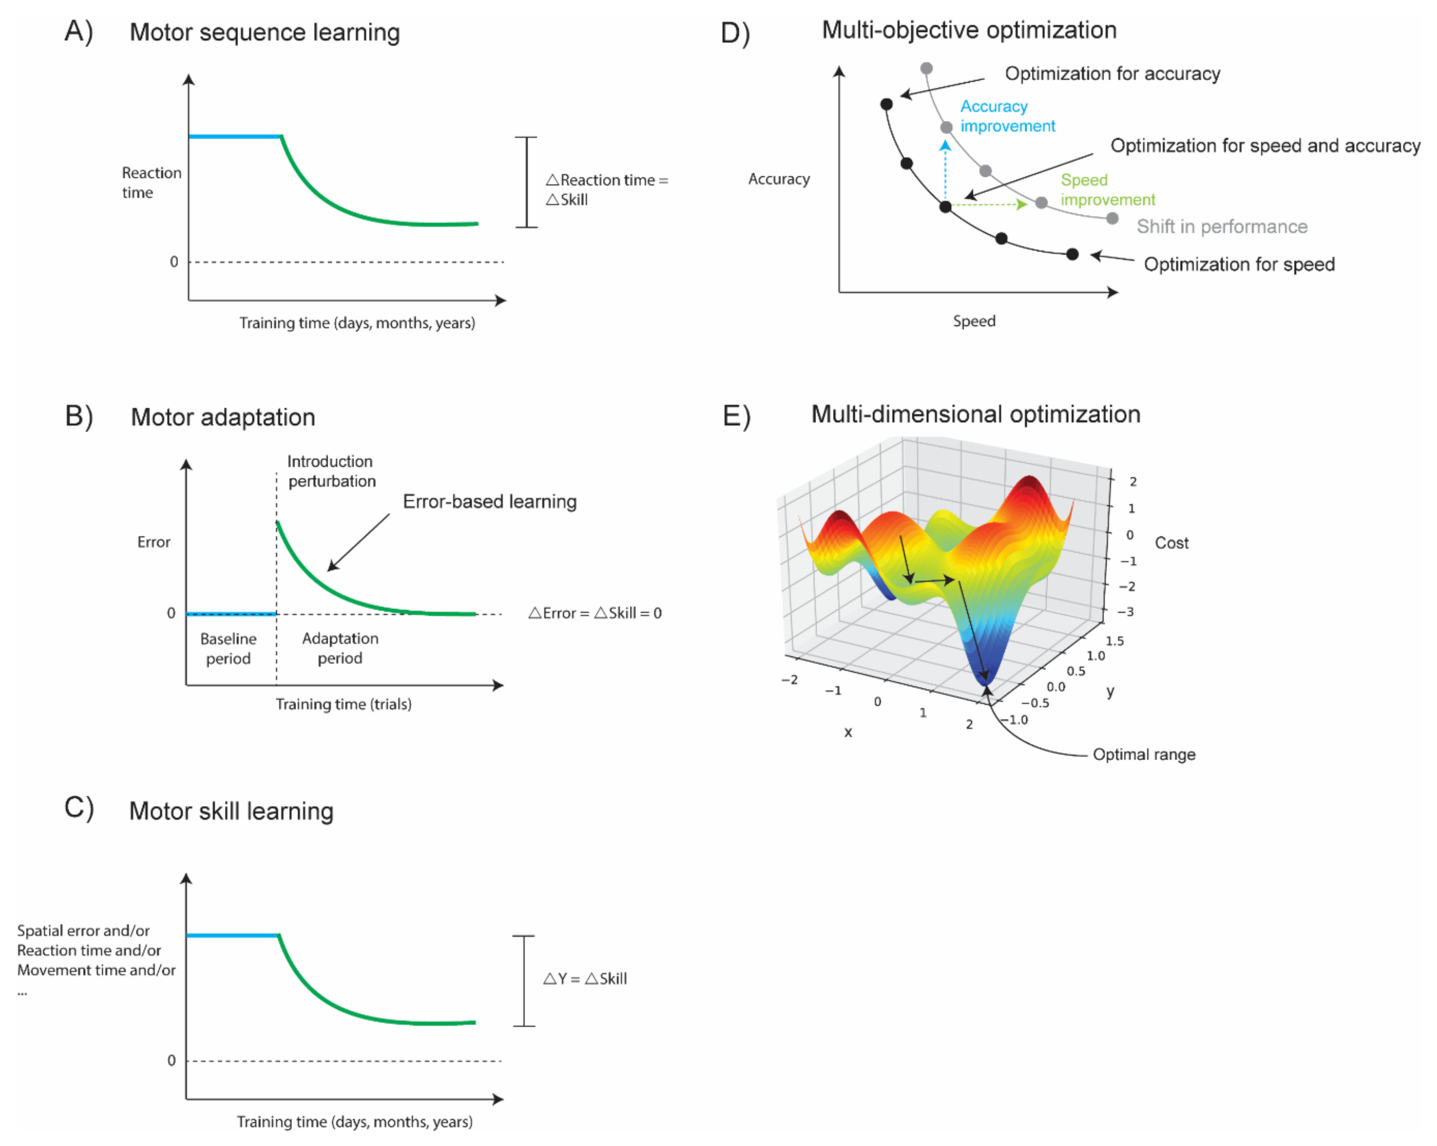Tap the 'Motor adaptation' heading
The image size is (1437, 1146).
click(223, 417)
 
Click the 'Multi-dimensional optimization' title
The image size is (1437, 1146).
click(975, 414)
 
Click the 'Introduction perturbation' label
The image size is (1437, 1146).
click(331, 471)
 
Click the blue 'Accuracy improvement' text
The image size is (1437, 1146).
click(1007, 116)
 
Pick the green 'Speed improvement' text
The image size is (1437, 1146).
click(1107, 190)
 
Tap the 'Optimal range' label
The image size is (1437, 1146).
click(1144, 754)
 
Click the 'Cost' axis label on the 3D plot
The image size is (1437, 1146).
click(1171, 543)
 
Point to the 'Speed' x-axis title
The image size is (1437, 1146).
click(974, 321)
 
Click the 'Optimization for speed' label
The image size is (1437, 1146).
click(1239, 265)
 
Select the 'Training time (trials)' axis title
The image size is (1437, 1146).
click(343, 704)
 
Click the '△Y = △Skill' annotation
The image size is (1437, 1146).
click(585, 979)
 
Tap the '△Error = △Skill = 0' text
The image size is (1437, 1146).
click(595, 613)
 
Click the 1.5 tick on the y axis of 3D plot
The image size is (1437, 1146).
click(1114, 641)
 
